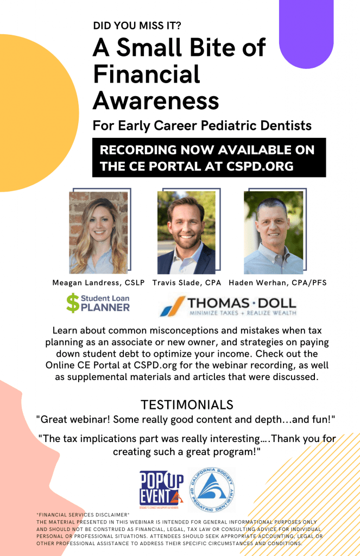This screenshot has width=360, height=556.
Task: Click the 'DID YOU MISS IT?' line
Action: click(137, 26)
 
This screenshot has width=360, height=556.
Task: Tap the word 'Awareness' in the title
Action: click(156, 100)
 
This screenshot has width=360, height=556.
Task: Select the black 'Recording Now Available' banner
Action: click(209, 157)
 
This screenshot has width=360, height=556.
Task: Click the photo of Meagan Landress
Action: click(99, 232)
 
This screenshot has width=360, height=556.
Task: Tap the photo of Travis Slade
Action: click(186, 232)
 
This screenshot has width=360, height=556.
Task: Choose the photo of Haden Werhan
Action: click(274, 232)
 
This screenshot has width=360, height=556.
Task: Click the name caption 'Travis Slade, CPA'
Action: click(187, 282)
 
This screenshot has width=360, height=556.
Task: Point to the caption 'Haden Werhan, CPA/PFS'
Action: click(277, 282)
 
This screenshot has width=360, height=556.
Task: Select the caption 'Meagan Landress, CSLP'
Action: click(99, 282)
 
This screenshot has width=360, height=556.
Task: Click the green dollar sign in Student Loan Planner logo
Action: click(73, 303)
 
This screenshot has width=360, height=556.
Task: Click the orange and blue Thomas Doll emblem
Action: click(173, 306)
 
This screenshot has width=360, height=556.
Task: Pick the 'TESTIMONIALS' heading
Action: click(187, 405)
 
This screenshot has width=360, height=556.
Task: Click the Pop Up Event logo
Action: click(162, 490)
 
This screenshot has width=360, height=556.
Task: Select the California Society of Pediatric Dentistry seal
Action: click(212, 490)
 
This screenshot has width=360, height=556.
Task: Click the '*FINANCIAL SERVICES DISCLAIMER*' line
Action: click(83, 515)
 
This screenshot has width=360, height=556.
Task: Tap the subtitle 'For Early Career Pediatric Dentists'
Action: click(202, 125)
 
